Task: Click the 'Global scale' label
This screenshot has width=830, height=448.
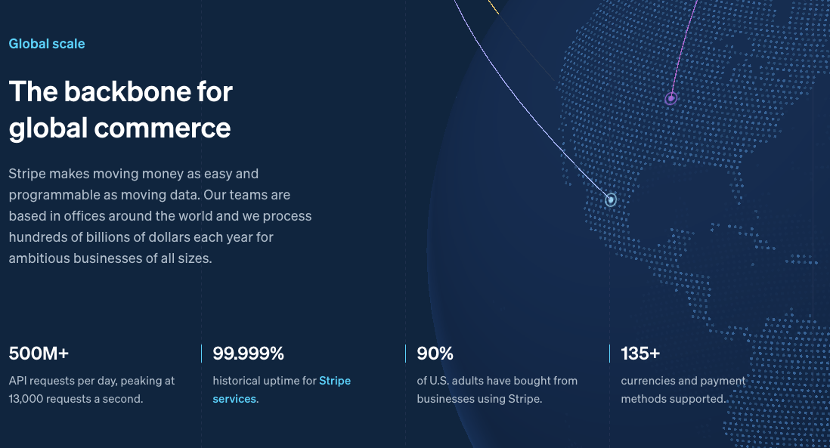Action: pyautogui.click(x=47, y=44)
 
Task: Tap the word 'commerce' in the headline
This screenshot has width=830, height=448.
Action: pyautogui.click(x=163, y=128)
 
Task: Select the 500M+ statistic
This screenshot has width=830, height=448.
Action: pyautogui.click(x=39, y=353)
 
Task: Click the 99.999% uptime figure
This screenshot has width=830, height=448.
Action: pyautogui.click(x=248, y=353)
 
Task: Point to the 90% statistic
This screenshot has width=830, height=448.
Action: pyautogui.click(x=435, y=353)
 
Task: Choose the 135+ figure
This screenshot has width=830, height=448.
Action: pyautogui.click(x=640, y=353)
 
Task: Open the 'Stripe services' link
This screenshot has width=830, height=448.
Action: pyautogui.click(x=334, y=381)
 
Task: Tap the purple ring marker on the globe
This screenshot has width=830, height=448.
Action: pyautogui.click(x=671, y=98)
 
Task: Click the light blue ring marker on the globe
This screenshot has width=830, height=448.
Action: pyautogui.click(x=611, y=200)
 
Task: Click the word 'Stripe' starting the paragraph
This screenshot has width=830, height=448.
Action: pyautogui.click(x=27, y=174)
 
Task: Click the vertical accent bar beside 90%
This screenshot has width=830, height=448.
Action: pyautogui.click(x=406, y=353)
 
